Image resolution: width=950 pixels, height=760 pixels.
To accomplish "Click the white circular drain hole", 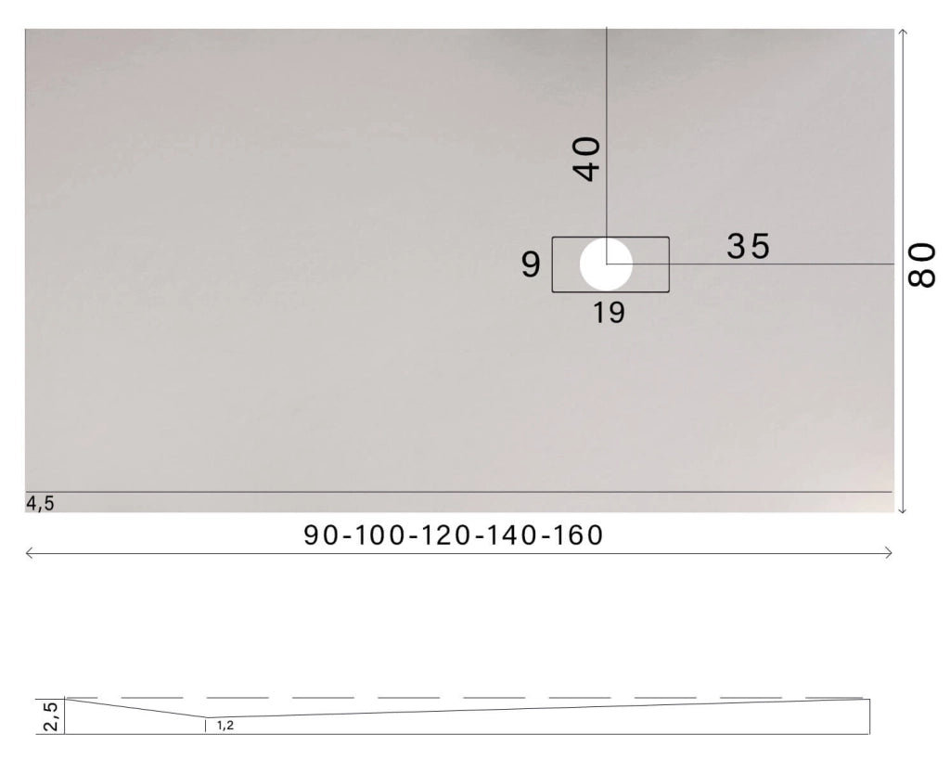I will (606, 264).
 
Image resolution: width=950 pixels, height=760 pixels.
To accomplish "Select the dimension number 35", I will (749, 246).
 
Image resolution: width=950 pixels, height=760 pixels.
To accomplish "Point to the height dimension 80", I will (922, 266).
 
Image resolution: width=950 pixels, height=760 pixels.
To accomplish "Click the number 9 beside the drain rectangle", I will (530, 265).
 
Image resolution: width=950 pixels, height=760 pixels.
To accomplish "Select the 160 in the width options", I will (578, 535).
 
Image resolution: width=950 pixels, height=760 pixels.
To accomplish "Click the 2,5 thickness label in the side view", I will (50, 715).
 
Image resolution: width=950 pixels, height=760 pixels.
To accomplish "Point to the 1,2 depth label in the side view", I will (225, 725).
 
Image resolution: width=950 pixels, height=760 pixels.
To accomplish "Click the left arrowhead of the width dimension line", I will (29, 553).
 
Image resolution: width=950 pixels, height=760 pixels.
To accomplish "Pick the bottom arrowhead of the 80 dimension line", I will (903, 509).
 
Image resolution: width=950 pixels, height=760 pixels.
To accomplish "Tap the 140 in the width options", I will (514, 535).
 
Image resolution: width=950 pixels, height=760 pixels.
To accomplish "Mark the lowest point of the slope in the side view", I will (205, 717).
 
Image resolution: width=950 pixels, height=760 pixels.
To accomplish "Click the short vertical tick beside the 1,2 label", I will (206, 725).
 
